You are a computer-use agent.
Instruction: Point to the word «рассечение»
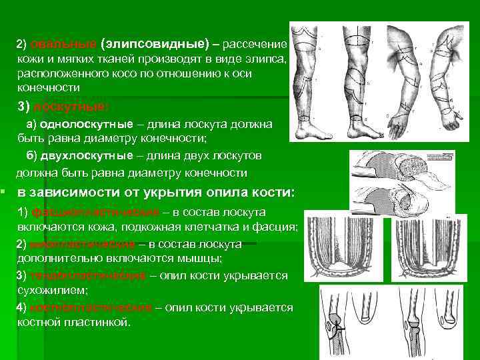click(254, 44)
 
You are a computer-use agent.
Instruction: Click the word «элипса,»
click(265, 59)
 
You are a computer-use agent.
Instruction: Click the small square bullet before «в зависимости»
click(4, 192)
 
